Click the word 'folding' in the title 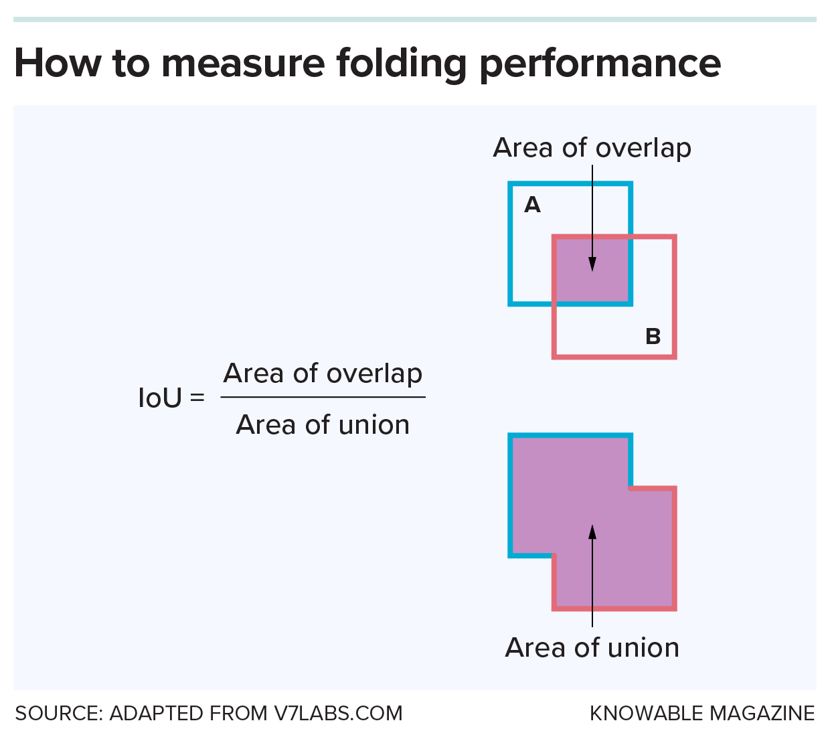pyautogui.click(x=400, y=64)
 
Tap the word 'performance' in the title pyautogui.click(x=600, y=64)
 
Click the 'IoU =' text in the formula pyautogui.click(x=171, y=398)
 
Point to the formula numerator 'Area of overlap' pyautogui.click(x=323, y=374)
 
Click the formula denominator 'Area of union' pyautogui.click(x=323, y=425)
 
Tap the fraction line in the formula pyautogui.click(x=323, y=397)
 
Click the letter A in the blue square pyautogui.click(x=532, y=205)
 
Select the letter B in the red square pyautogui.click(x=653, y=336)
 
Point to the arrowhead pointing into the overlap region pyautogui.click(x=592, y=265)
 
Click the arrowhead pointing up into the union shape pyautogui.click(x=592, y=532)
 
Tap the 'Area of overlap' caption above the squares pyautogui.click(x=592, y=148)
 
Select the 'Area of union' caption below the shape pyautogui.click(x=592, y=648)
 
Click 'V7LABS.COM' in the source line pyautogui.click(x=339, y=714)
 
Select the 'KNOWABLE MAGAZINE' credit pyautogui.click(x=702, y=714)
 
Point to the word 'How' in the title pyautogui.click(x=58, y=64)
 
